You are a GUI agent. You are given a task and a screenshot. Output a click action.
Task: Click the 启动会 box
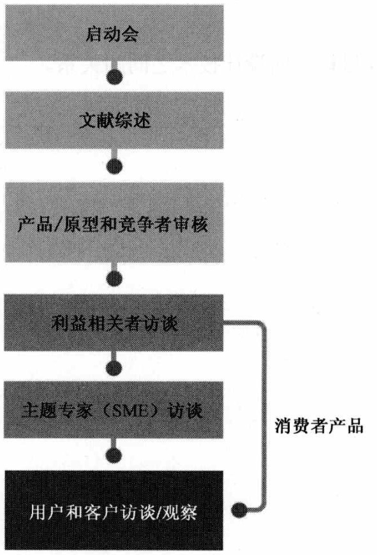[x=114, y=33]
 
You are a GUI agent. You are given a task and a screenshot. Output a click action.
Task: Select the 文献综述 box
[x=114, y=121]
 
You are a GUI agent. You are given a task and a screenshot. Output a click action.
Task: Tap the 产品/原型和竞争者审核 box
[x=114, y=223]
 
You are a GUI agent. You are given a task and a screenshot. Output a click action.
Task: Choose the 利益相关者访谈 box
[x=114, y=322]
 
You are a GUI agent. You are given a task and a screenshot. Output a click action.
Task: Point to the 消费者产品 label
[x=319, y=425]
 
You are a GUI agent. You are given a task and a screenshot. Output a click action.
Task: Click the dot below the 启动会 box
[x=114, y=77]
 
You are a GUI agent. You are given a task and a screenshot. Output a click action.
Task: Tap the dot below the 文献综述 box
[x=114, y=166]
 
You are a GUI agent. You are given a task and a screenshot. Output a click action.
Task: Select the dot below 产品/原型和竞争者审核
[x=114, y=278]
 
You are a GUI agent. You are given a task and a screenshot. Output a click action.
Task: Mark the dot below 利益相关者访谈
[x=114, y=367]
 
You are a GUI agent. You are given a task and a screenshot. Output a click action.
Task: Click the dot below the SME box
[x=114, y=455]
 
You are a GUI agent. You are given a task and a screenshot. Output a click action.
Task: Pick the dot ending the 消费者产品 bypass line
[x=239, y=510]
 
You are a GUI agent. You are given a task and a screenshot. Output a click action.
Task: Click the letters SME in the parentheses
[x=130, y=411]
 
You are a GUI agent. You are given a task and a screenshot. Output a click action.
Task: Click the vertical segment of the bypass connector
[x=263, y=416]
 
